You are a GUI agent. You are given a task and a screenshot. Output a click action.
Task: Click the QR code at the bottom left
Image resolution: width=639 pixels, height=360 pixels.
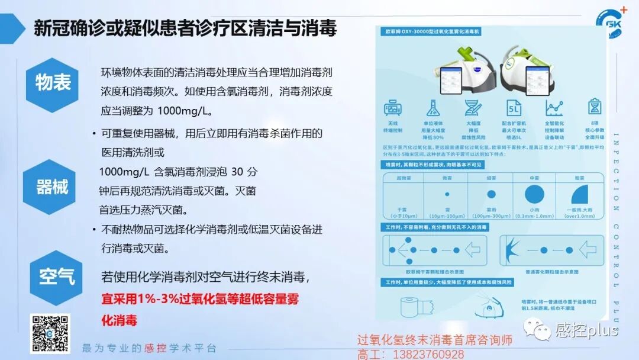pyautogui.click(x=50, y=333)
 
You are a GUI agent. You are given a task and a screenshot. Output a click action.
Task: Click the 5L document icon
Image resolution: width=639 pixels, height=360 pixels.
pyautogui.click(x=514, y=108)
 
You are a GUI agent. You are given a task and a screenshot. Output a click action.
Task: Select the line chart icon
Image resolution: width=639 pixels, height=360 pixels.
pyautogui.click(x=554, y=108)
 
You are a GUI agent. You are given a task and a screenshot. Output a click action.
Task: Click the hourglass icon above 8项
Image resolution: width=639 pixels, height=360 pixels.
pyautogui.click(x=594, y=107)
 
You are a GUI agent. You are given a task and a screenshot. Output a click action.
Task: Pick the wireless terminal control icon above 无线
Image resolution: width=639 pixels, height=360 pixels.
pyautogui.click(x=393, y=108)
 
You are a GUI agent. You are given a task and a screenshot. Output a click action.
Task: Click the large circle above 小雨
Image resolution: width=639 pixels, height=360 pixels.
pyautogui.click(x=534, y=194)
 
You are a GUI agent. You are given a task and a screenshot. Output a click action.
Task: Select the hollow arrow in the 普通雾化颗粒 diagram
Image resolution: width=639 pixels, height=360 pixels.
pyautogui.click(x=586, y=249)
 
